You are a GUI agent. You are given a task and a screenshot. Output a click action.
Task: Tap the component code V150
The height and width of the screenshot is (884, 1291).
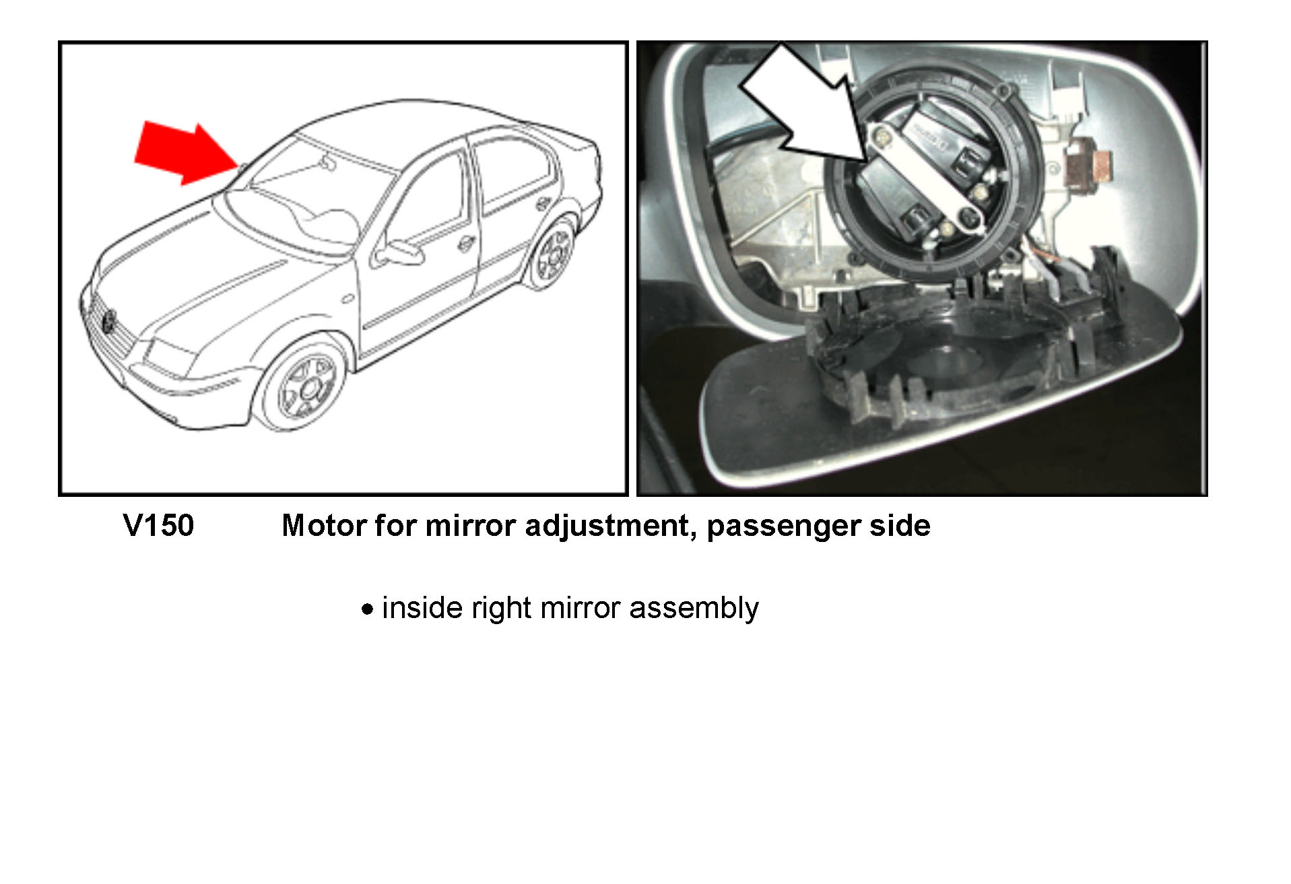[159, 525]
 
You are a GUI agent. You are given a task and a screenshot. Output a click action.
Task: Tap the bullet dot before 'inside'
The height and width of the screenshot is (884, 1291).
[367, 610]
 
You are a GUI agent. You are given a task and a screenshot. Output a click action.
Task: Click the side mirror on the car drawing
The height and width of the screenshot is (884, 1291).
[397, 252]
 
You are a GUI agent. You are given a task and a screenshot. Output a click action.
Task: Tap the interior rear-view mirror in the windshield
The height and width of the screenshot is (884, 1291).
[327, 162]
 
